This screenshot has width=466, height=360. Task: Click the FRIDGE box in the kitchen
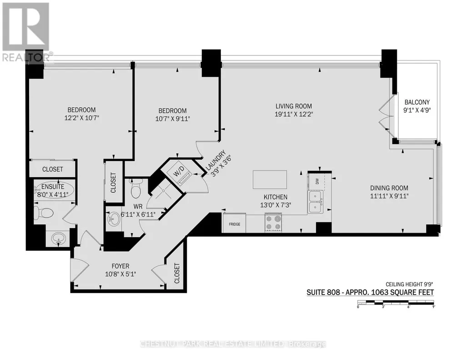(235, 223)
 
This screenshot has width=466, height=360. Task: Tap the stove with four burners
(273, 223)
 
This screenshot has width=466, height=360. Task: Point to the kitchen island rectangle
(270, 180)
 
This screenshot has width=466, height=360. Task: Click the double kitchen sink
(315, 202)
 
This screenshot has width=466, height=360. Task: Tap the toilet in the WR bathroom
(135, 189)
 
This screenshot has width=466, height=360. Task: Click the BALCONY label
(417, 102)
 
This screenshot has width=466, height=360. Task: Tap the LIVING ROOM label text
(294, 106)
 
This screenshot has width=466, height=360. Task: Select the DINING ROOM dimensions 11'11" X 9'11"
(389, 196)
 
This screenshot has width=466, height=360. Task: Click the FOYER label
(120, 266)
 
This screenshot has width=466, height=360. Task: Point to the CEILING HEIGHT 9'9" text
(410, 284)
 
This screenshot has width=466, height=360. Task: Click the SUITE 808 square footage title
(370, 292)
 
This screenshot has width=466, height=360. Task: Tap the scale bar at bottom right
(396, 303)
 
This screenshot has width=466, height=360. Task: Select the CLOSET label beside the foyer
(177, 273)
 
